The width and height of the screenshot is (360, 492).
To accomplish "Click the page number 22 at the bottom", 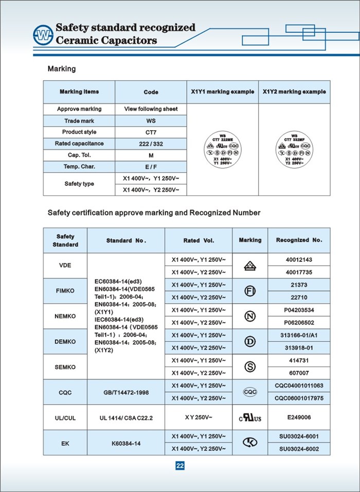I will pos(180,466).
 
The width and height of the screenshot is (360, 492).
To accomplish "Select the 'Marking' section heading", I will pos(62,68).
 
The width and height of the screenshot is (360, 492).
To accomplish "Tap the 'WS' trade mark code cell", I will pos(151,121).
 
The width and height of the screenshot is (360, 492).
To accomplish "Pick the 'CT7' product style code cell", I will pos(151,132).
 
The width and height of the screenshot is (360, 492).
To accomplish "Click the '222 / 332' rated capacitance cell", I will pos(151,144).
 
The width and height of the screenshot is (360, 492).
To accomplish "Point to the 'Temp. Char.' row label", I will pos(79,167).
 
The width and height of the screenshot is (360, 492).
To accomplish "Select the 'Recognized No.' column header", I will pos(299,240).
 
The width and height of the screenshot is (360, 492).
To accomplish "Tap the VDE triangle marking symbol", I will pos(250,266).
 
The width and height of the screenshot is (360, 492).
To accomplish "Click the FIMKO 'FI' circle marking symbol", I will pos(250,291).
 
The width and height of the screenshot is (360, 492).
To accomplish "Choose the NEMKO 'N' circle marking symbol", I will pos(250,317).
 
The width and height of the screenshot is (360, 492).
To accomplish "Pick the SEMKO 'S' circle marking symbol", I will pos(250,367).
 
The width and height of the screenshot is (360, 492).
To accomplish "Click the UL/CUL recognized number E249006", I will pos(299,417).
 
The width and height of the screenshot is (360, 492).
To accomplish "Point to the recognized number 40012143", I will pos(299,259).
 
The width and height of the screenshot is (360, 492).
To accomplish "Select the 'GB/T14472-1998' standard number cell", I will pos(126,392).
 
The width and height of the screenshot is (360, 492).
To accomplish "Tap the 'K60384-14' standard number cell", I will pos(126,443).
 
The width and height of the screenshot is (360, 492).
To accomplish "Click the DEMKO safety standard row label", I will pos(65,342).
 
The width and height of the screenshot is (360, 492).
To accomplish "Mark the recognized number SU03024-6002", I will pos(299,449).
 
